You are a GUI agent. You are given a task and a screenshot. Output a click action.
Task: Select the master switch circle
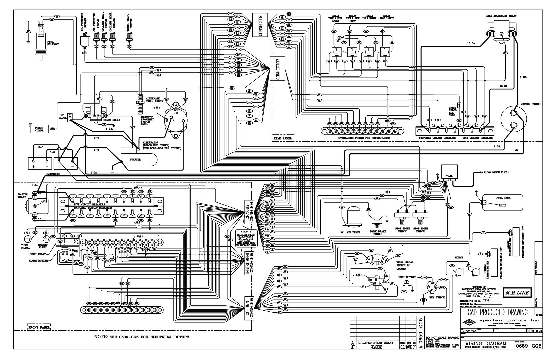coord(513,120)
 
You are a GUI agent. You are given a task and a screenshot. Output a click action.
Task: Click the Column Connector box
coord(249,308)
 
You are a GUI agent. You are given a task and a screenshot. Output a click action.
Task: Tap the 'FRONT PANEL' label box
coord(39,328)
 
